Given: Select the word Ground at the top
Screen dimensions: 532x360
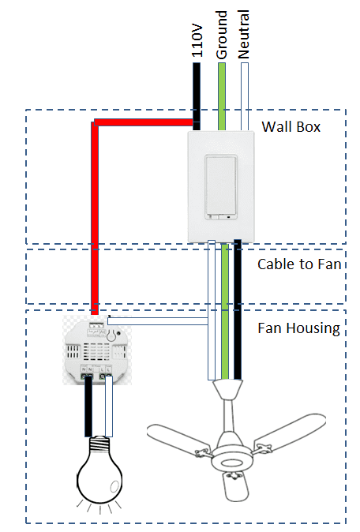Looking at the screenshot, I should tap(222, 33).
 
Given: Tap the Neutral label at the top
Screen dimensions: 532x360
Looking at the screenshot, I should tap(244, 33).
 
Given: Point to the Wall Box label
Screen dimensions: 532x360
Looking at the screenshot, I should tap(291, 126).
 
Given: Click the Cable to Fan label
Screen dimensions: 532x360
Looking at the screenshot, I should tap(299, 264).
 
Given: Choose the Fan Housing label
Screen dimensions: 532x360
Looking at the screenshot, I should tap(299, 328).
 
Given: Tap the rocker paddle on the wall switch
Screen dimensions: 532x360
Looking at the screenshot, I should tap(222, 185).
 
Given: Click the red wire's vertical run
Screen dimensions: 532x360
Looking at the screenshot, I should tap(94, 221).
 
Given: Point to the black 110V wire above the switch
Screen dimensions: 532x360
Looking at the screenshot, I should tap(197, 87).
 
